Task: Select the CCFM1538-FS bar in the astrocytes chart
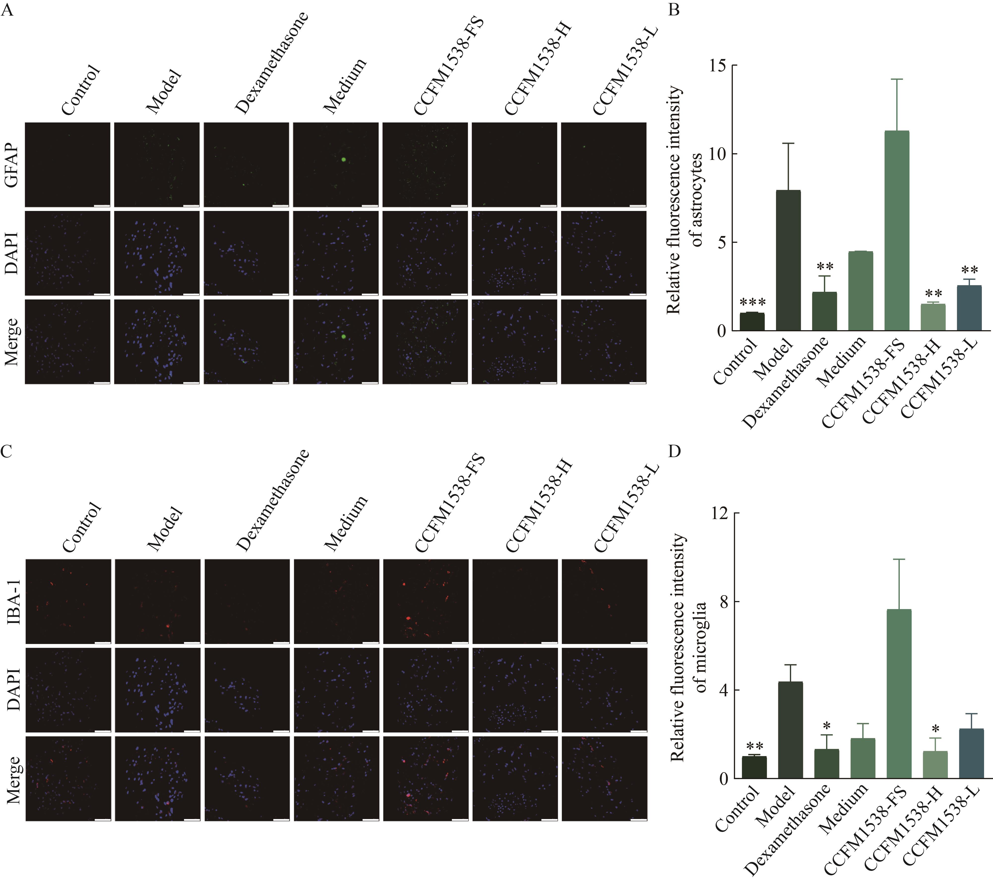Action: point(897,231)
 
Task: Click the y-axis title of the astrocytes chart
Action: point(684,200)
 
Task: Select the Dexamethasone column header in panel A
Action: point(272,63)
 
